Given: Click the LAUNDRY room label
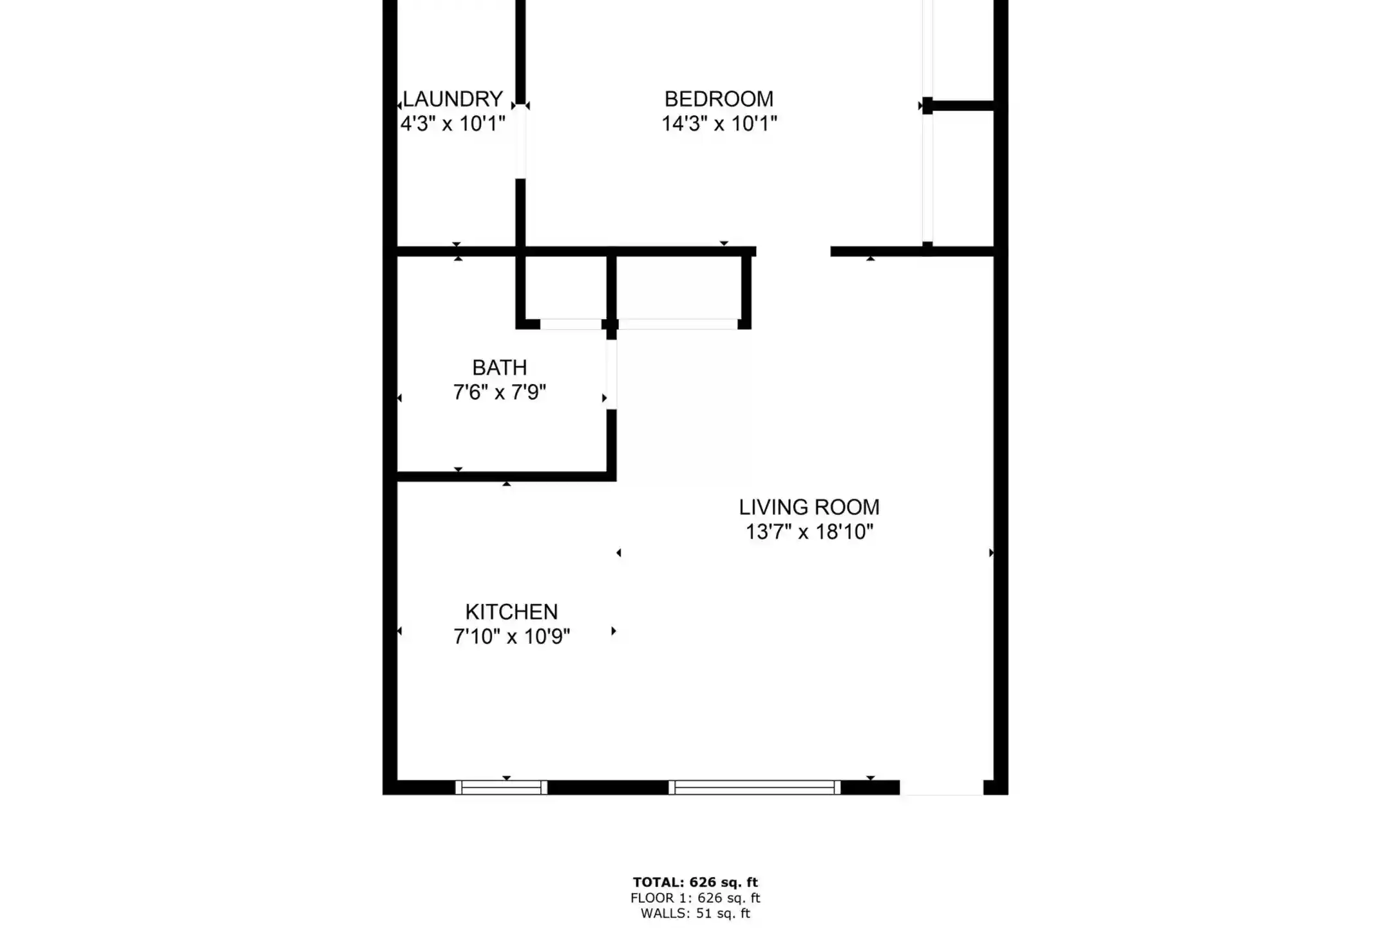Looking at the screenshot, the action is (x=453, y=99).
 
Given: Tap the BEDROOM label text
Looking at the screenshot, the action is (x=719, y=99).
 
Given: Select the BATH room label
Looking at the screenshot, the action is (x=500, y=367).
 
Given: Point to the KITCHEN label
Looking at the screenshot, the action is (x=511, y=612).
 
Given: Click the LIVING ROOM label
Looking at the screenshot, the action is (x=809, y=507).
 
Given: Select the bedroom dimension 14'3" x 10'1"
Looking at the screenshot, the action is (x=719, y=123).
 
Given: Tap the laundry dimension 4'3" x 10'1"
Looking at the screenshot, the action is (x=453, y=123).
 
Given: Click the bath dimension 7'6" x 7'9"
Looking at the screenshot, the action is (x=500, y=392).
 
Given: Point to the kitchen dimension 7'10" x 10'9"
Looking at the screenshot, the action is (x=511, y=637).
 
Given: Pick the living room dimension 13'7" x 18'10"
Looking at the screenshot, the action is (x=809, y=532).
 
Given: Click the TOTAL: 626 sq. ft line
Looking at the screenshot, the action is (x=695, y=882).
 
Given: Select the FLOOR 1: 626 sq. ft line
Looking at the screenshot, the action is (x=695, y=898).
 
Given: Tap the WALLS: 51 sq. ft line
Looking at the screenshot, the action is (x=695, y=913).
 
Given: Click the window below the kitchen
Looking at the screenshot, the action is (x=501, y=787).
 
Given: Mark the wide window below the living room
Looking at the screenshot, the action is (x=754, y=787).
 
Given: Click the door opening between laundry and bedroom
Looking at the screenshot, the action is (x=520, y=141).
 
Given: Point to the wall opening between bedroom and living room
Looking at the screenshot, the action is (x=793, y=251).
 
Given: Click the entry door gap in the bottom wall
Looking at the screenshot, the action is (x=942, y=787).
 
